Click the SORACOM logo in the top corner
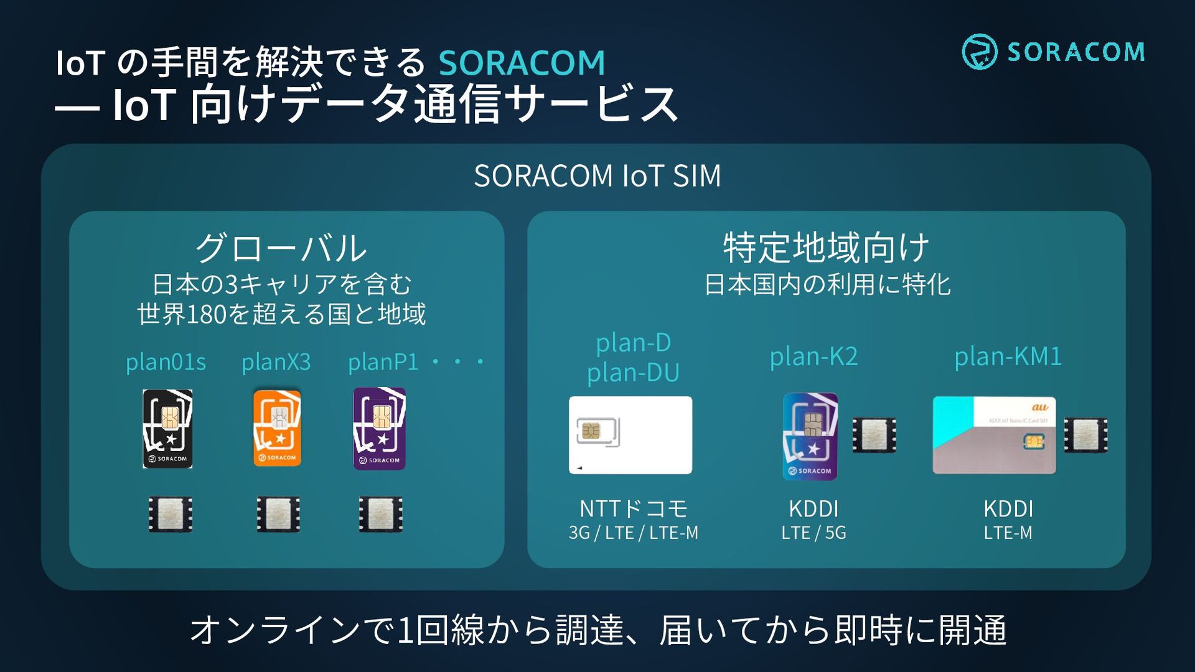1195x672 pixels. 1053,52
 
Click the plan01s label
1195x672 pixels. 166,362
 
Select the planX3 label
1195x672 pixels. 276,362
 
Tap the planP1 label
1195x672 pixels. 383,362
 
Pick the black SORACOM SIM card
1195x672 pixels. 167,429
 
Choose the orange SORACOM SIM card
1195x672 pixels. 277,427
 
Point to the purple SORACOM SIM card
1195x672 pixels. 379,428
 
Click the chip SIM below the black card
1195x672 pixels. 170,514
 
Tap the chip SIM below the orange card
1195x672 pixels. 278,514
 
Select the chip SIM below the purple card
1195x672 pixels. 380,514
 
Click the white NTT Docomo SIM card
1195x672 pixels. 630,435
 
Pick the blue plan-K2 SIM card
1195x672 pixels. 810,436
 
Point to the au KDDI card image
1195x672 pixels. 994,435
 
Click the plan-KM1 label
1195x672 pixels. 1008,357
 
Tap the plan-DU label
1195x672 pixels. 633,373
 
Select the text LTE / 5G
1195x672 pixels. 813,533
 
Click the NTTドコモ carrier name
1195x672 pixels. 633,509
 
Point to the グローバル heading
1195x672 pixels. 281,248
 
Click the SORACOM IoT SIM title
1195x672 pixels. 597,176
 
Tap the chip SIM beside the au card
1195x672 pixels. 1085,435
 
